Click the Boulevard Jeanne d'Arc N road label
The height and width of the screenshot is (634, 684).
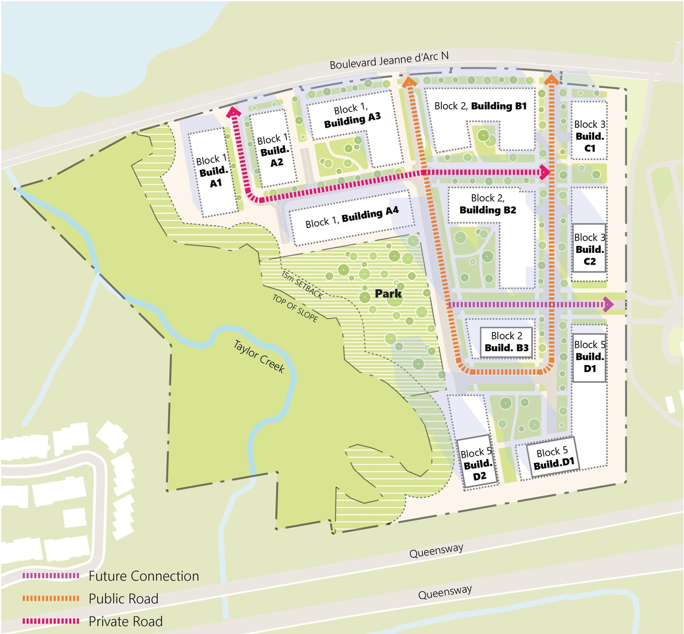click(x=388, y=60)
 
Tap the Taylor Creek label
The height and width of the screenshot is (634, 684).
click(x=259, y=356)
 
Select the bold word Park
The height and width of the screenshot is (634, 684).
click(x=388, y=293)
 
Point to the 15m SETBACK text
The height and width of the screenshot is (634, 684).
click(x=302, y=284)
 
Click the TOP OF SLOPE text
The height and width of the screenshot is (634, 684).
click(x=295, y=308)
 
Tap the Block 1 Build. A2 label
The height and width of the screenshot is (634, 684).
click(x=273, y=151)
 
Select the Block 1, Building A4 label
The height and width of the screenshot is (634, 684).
click(x=352, y=218)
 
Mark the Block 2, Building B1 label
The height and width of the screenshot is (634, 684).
click(x=480, y=106)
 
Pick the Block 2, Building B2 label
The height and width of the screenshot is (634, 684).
click(x=487, y=204)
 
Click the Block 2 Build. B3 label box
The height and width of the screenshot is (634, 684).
click(x=507, y=342)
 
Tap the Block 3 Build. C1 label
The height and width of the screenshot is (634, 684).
click(x=589, y=136)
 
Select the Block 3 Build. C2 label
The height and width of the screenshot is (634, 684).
click(x=589, y=249)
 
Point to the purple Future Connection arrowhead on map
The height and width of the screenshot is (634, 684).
click(x=608, y=304)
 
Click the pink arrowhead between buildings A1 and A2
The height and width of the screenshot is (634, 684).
click(x=234, y=111)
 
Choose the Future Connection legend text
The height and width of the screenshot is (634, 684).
click(x=144, y=576)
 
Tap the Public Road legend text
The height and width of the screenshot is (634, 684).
click(x=123, y=598)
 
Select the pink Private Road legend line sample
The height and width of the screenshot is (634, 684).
click(x=51, y=621)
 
